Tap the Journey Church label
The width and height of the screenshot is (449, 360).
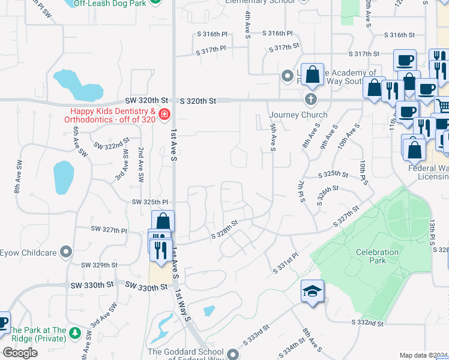click(x=298, y=115)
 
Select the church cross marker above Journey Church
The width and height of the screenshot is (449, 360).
click(x=310, y=98)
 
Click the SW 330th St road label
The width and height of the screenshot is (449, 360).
click(x=146, y=287)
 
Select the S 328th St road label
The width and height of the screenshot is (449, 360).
click(x=224, y=230)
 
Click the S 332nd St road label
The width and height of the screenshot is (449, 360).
click(x=367, y=323)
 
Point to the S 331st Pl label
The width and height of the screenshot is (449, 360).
click(x=285, y=263)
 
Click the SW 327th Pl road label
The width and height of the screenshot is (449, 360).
click(x=109, y=230)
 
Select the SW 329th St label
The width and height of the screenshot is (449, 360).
click(x=100, y=265)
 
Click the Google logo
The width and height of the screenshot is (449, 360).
click(x=20, y=352)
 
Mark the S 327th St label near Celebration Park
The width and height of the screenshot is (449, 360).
click(x=346, y=216)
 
